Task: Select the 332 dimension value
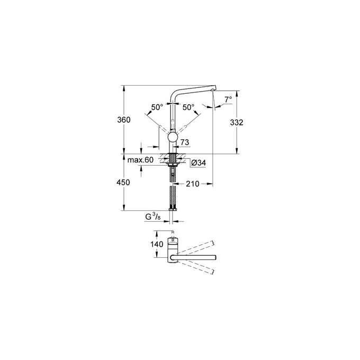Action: point(237,122)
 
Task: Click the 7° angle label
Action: point(228,100)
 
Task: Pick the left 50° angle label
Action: point(157,107)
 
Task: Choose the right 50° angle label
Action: point(188,107)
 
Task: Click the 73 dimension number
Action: point(185,142)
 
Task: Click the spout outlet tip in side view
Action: point(212,92)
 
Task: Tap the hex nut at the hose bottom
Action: point(173,211)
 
